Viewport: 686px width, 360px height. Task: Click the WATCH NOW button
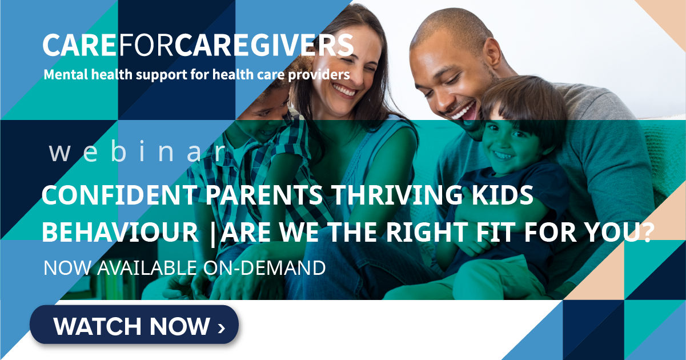134,325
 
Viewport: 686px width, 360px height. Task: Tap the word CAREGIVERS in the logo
264,45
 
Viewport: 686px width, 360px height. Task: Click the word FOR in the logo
146,45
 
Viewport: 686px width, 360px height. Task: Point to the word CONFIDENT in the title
119,195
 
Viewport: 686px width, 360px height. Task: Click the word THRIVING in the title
396,195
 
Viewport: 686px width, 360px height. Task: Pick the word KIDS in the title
503,195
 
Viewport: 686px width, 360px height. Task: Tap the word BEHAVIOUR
121,232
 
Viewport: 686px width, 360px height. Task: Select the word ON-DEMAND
264,268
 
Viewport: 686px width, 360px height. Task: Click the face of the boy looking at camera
511,142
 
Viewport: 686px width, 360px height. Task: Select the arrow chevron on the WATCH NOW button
222,328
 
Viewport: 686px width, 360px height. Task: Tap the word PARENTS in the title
264,195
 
